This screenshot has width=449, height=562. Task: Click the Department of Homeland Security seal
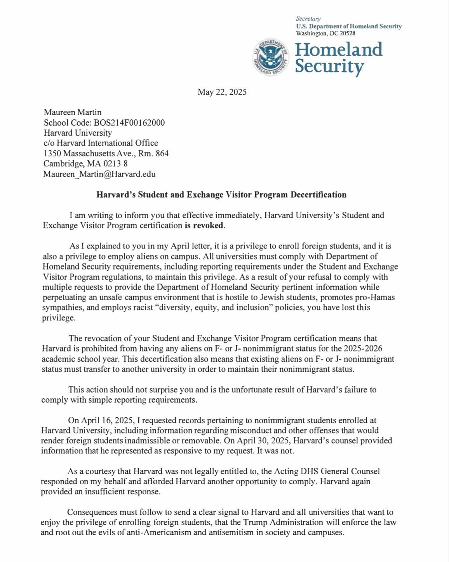271,58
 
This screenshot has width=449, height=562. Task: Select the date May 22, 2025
222,92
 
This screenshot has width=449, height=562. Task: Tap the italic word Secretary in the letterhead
308,18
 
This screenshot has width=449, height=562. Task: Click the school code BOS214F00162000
129,123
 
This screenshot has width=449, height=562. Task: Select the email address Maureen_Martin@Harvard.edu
99,174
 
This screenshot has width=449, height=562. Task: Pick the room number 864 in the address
162,154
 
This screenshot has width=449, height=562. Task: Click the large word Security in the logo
329,67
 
